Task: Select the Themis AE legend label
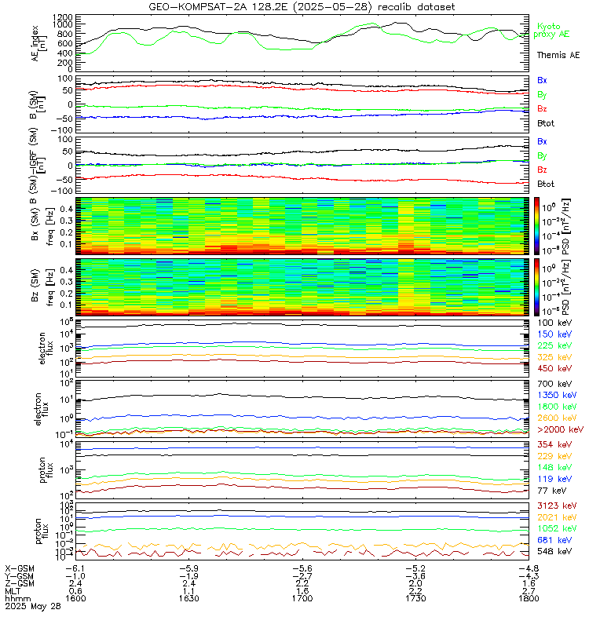pyautogui.click(x=558, y=56)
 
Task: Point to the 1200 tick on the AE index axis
pyautogui.click(x=64, y=16)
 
